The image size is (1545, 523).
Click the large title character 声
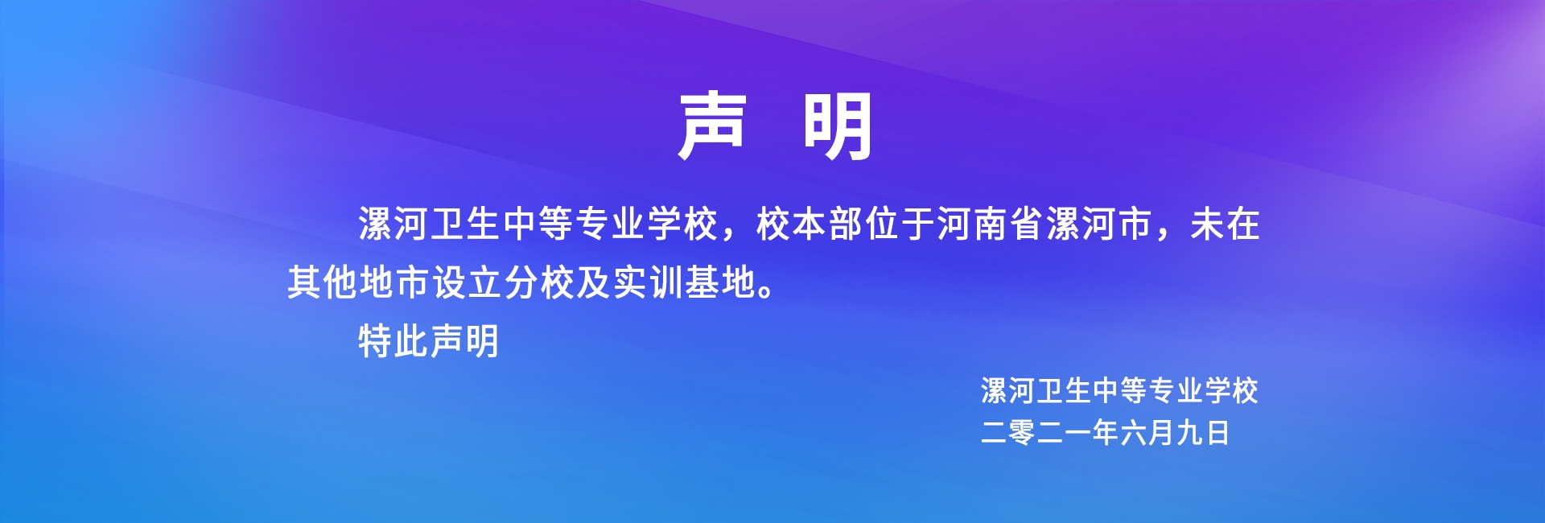click(x=713, y=126)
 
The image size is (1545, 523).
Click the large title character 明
click(x=838, y=126)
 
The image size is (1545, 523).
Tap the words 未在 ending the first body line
click(x=1225, y=224)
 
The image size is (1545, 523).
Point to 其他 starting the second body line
click(x=322, y=282)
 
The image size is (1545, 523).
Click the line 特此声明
click(x=429, y=341)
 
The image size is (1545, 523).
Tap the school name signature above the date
click(x=1119, y=391)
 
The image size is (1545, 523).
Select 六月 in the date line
click(x=1147, y=433)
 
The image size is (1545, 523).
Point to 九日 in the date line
click(x=1203, y=433)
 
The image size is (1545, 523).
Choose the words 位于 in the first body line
click(x=900, y=224)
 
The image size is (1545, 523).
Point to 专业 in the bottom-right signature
click(x=1176, y=391)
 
